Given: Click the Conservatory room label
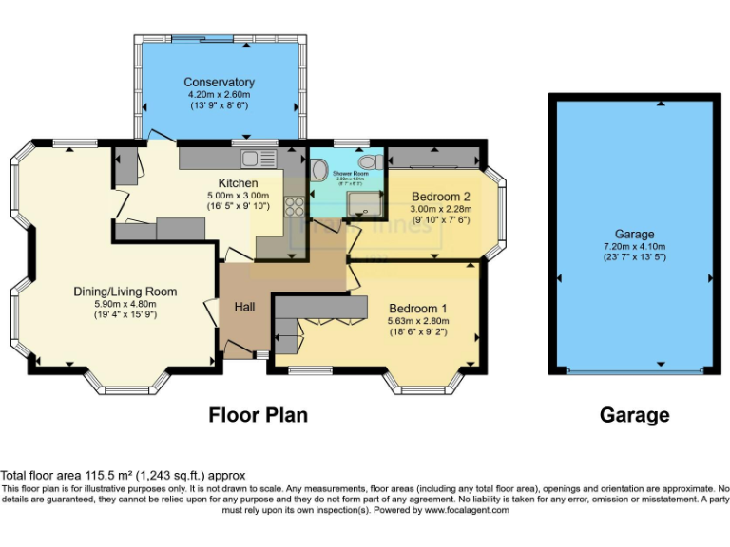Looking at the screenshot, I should coord(219,82).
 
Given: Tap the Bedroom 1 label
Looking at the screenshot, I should coord(417,309).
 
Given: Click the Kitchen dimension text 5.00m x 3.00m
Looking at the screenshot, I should coord(239,195).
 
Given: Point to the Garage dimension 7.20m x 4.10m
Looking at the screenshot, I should coord(634,246).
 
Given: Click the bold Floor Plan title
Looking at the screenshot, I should coord(258,415).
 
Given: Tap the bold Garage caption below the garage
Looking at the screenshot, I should coord(634,415).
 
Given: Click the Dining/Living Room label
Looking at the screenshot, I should coord(125,291).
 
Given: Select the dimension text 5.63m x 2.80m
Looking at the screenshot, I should coord(417,321).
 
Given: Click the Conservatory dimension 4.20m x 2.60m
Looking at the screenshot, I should coord(219,94).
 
